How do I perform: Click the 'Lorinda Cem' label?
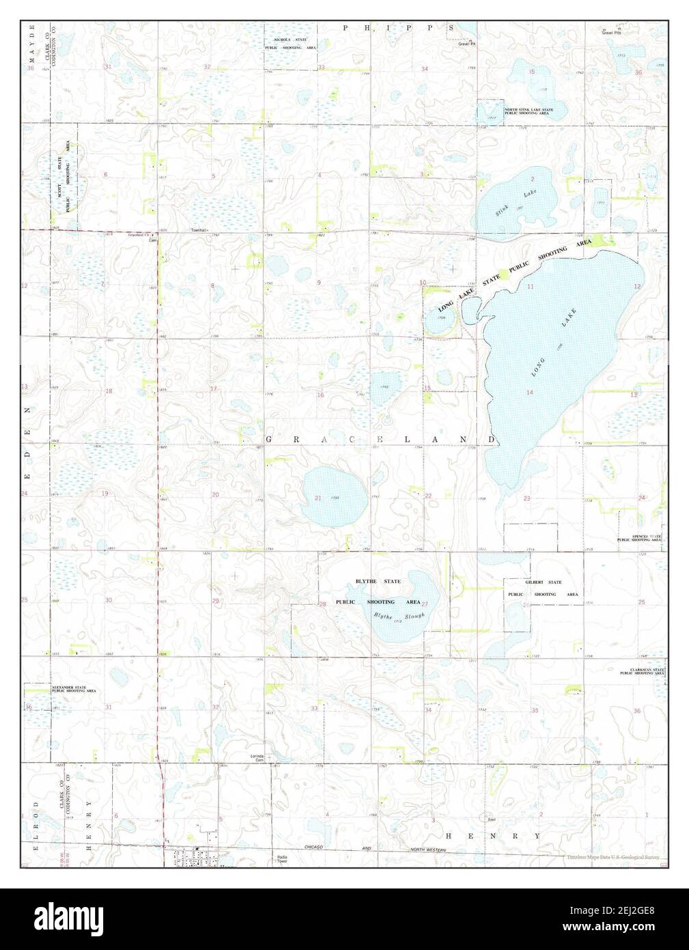[257, 758]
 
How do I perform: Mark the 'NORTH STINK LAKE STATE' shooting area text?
[529, 109]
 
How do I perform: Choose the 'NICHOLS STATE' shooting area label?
[291, 41]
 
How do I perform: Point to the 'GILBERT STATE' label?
[543, 582]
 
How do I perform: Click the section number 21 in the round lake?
[318, 498]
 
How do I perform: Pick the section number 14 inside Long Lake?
[530, 392]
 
